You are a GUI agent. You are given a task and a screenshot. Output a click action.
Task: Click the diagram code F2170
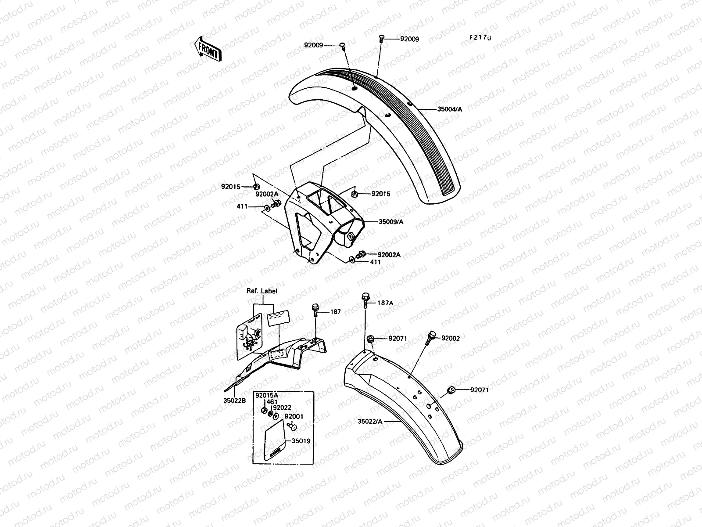pyautogui.click(x=480, y=38)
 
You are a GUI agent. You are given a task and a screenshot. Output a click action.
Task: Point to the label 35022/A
pyautogui.click(x=370, y=422)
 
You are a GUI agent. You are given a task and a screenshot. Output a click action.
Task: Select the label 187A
pyautogui.click(x=385, y=303)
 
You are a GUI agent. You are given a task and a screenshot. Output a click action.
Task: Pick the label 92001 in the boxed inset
pyautogui.click(x=294, y=416)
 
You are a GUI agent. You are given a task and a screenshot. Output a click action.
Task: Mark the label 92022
pyautogui.click(x=283, y=408)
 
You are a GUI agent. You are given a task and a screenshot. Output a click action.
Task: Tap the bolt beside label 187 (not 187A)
pyautogui.click(x=315, y=309)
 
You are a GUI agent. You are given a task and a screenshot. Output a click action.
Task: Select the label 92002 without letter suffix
pyautogui.click(x=451, y=338)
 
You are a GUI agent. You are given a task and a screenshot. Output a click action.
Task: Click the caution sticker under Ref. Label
pyautogui.click(x=249, y=336)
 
